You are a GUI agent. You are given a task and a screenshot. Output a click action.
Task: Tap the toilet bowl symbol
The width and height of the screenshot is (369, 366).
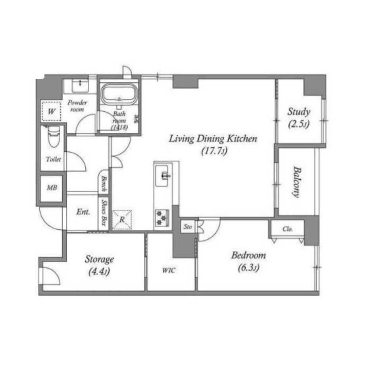[x=54, y=136]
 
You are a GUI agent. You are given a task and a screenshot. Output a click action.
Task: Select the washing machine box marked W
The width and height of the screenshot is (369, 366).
[x=51, y=111]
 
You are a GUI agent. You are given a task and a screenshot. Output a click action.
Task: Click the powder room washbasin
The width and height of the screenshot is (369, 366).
[x=80, y=85]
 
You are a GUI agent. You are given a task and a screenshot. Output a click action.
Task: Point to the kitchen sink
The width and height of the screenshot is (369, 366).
[x=162, y=176]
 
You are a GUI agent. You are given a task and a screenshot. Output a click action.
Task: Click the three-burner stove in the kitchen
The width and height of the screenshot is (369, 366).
[x=162, y=218]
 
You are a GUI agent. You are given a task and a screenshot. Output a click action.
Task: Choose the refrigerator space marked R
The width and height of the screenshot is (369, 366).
[x=122, y=220]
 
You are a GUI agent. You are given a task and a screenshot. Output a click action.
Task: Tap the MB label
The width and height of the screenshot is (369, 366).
[x=52, y=188]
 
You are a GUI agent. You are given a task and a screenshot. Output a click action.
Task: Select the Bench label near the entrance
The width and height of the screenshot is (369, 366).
[x=104, y=184]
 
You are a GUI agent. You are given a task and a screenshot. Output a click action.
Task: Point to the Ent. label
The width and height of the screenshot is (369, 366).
[x=83, y=212]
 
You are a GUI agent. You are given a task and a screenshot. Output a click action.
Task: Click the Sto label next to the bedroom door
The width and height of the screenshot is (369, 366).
[x=188, y=227]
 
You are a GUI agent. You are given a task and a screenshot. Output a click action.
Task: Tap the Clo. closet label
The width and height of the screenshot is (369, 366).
[x=288, y=229]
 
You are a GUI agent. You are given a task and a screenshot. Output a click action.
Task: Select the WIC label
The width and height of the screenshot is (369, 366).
[x=169, y=270]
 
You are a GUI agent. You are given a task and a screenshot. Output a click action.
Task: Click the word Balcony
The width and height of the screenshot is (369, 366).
[x=297, y=182]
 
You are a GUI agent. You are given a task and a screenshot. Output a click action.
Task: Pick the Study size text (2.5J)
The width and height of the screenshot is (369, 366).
[x=299, y=124]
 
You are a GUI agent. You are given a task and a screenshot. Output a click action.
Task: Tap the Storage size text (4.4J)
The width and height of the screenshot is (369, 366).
[x=99, y=272]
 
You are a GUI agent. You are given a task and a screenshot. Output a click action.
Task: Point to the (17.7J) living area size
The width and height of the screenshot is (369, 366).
[x=214, y=151]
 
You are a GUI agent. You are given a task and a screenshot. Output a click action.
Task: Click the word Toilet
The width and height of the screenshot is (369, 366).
[x=54, y=159]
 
